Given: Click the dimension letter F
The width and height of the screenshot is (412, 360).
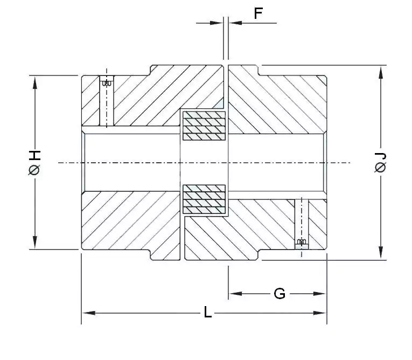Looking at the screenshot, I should click(x=259, y=13).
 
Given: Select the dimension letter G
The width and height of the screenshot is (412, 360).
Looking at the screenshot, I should click(x=280, y=294).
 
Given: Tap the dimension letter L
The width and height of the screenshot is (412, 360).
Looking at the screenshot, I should click(x=208, y=313).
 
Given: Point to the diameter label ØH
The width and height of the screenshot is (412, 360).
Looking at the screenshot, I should click(x=34, y=163).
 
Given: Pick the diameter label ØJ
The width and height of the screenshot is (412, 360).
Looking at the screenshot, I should click(x=381, y=163).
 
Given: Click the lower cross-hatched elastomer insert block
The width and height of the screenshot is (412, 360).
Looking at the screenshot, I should click(x=204, y=199).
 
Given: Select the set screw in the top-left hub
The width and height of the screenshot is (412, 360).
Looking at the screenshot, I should click(x=107, y=83).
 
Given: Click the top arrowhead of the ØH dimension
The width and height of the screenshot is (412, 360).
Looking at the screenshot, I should click(x=35, y=81).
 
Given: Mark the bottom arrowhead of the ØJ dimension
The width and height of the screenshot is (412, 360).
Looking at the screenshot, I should click(x=381, y=254).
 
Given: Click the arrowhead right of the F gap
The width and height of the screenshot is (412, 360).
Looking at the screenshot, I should click(x=235, y=23).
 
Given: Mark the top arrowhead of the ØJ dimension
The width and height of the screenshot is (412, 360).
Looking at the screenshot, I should click(x=381, y=71).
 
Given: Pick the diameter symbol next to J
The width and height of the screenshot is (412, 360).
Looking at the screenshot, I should click(x=381, y=169).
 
